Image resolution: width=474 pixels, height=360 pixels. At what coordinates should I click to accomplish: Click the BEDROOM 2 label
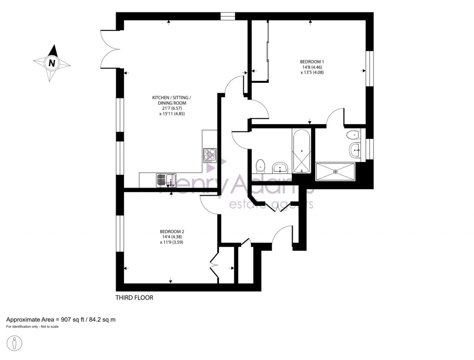(172, 231)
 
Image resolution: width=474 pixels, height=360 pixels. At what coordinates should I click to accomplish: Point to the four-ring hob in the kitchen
(210, 155)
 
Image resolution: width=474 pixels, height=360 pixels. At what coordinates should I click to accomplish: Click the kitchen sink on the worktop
(166, 180)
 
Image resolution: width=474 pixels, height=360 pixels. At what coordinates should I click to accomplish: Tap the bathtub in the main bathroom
(302, 151)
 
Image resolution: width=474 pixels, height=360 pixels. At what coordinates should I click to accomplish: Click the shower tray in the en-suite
(335, 171)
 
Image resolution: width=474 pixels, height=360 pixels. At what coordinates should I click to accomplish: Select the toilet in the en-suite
(353, 135)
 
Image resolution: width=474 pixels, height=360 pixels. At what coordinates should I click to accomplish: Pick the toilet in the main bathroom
(261, 164)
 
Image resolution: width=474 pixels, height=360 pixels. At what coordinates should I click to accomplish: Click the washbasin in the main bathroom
(281, 167)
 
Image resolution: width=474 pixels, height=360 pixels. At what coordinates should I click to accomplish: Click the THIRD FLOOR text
(134, 298)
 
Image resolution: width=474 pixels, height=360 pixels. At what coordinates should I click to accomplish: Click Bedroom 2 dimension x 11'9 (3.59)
(172, 242)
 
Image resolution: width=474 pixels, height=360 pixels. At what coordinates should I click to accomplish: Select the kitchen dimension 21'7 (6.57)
(171, 108)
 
